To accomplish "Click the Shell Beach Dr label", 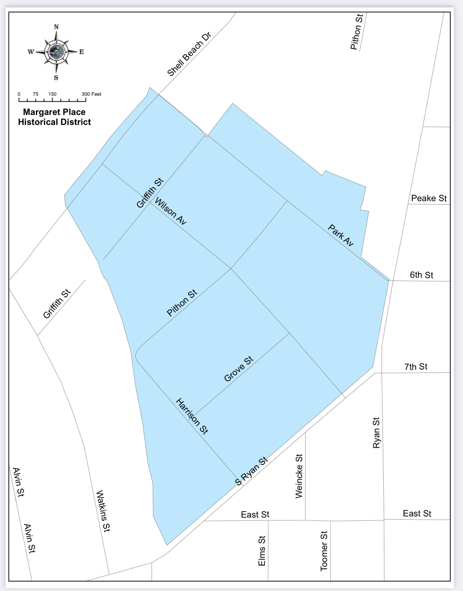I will pyautogui.click(x=189, y=54).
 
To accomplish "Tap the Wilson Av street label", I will pyautogui.click(x=170, y=211).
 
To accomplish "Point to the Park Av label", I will pyautogui.click(x=341, y=235).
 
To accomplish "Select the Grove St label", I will pyautogui.click(x=238, y=369).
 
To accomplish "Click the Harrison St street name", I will pyautogui.click(x=192, y=416).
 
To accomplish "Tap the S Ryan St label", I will pyautogui.click(x=251, y=471).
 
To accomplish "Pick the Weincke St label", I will pyautogui.click(x=299, y=476).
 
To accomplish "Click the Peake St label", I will pyautogui.click(x=429, y=198).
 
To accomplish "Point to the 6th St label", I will pyautogui.click(x=421, y=275).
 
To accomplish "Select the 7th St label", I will pyautogui.click(x=416, y=367).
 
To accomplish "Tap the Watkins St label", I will pyautogui.click(x=103, y=511).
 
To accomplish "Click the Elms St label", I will pyautogui.click(x=262, y=551).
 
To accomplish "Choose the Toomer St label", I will pyautogui.click(x=324, y=551).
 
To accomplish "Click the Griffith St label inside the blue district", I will pyautogui.click(x=150, y=193).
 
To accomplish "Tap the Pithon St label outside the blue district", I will pyautogui.click(x=357, y=32).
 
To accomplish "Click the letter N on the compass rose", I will pyautogui.click(x=56, y=27).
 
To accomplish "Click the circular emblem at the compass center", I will pyautogui.click(x=56, y=51).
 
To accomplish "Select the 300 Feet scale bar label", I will pyautogui.click(x=92, y=94).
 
